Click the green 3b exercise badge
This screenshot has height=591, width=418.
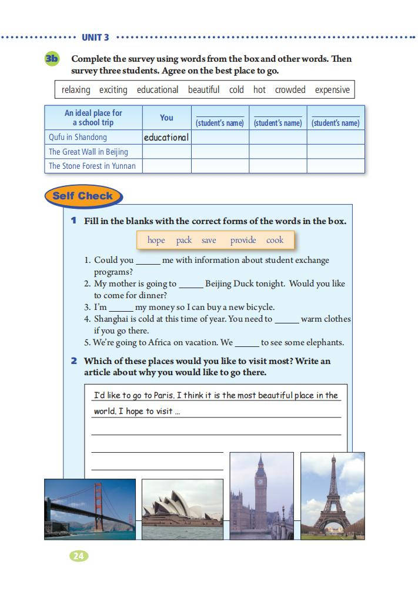52,59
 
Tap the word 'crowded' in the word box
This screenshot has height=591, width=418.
290,90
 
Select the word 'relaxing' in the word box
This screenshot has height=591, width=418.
76,90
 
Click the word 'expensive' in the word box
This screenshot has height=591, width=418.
332,90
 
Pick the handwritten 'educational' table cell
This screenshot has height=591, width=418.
166,137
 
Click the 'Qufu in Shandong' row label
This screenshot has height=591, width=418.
78,137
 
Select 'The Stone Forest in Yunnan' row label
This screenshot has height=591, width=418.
92,166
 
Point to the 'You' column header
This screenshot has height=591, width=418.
166,118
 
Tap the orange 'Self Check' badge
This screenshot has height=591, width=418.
83,196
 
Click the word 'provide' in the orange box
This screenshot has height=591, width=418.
243,240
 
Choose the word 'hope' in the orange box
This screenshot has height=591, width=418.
156,240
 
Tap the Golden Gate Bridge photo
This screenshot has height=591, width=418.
90,509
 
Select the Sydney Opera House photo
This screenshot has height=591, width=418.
182,509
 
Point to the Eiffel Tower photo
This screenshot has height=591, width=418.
332,495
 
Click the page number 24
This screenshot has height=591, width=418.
79,555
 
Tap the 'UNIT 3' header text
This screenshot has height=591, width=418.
95,38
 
